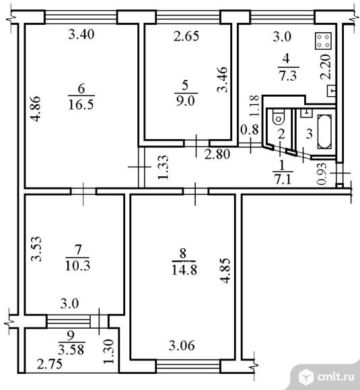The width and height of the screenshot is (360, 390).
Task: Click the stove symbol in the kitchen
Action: click(x=324, y=41)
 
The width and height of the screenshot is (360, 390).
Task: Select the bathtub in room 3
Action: click(x=324, y=132)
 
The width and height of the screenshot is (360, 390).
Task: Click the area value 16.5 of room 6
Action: click(x=81, y=104)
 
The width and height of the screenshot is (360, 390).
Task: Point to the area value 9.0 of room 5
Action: click(x=186, y=101)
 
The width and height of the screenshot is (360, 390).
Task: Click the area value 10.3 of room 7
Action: click(x=77, y=266)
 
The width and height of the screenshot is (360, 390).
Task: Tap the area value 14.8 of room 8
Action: click(x=184, y=270)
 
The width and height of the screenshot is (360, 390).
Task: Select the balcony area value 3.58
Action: click(x=71, y=350)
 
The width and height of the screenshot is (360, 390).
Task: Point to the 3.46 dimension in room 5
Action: click(x=222, y=79)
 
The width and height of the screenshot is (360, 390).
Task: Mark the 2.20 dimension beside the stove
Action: click(x=326, y=67)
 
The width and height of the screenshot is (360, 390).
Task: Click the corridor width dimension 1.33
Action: click(x=164, y=167)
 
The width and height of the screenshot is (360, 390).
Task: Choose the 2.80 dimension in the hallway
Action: click(x=217, y=154)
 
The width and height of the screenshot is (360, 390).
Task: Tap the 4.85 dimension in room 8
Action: click(x=226, y=271)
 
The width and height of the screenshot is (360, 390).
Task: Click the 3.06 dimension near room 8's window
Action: click(x=182, y=346)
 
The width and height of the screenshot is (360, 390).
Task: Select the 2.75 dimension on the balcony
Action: click(x=50, y=364)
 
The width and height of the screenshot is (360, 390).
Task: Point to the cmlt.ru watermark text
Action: click(x=336, y=377)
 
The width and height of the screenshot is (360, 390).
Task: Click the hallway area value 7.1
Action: click(x=283, y=179)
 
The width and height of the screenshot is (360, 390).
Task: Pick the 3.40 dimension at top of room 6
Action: click(x=81, y=34)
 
